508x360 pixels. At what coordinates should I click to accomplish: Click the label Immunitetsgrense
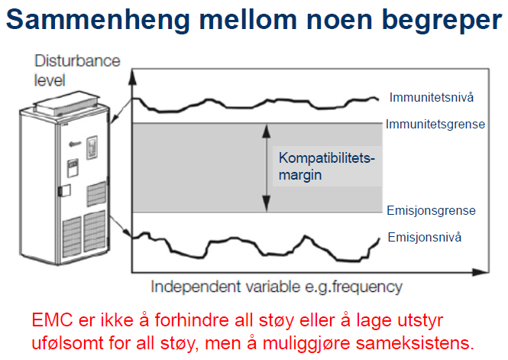click(435, 124)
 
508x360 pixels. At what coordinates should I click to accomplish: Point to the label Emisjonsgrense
click(431, 210)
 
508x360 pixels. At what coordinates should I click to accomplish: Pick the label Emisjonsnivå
click(425, 236)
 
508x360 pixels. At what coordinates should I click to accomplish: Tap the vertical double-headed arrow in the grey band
click(265, 167)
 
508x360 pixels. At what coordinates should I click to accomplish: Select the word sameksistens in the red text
click(427, 340)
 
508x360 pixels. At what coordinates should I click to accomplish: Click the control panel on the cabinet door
click(92, 146)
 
